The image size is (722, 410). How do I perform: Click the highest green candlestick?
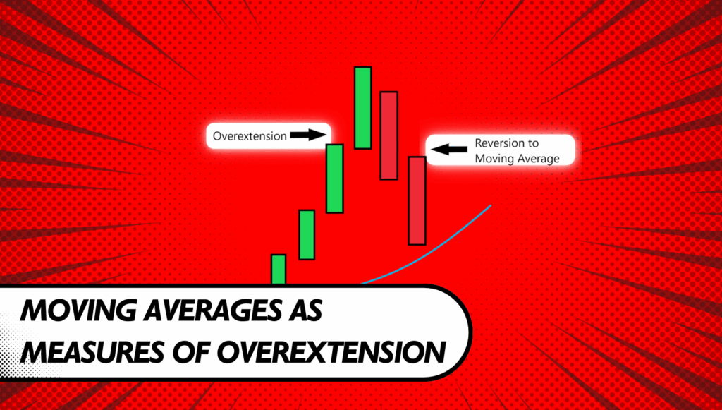click(x=363, y=108)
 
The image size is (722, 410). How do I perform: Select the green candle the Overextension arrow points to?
click(x=335, y=179)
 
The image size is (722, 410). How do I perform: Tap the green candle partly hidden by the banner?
click(x=279, y=270)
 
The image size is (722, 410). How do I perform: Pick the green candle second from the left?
click(x=307, y=235)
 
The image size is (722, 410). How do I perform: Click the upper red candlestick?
click(x=388, y=135)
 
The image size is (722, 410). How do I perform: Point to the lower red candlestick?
click(x=417, y=200)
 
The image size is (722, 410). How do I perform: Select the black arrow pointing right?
click(x=308, y=135)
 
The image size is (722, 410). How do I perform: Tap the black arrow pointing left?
click(x=449, y=150)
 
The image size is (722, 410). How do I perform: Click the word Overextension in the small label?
click(x=250, y=136)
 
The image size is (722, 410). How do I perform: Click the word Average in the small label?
click(x=539, y=159)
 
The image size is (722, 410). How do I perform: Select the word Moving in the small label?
click(x=494, y=159)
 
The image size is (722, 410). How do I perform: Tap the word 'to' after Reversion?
click(x=534, y=143)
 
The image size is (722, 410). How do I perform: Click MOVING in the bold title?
click(x=78, y=310)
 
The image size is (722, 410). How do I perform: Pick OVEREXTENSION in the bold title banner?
click(x=331, y=352)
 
